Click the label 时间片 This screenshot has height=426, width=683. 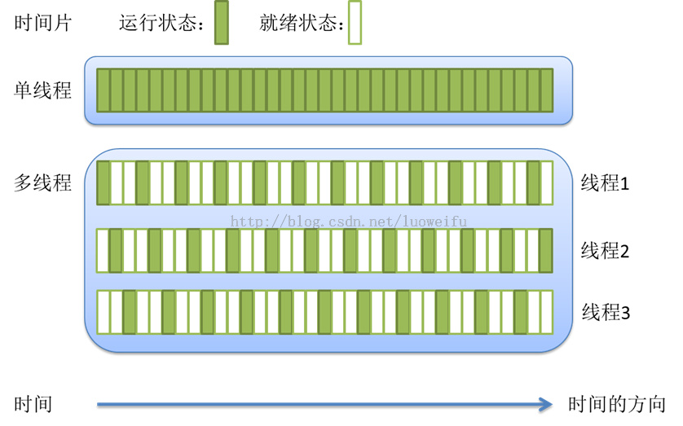[x=43, y=23]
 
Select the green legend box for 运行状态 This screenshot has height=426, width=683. [x=221, y=24]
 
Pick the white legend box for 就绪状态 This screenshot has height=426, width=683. [x=354, y=24]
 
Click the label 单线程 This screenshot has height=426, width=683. [x=43, y=90]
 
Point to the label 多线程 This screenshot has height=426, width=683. [x=43, y=182]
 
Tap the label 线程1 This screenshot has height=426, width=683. [x=605, y=184]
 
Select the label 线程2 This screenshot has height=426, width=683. [x=605, y=251]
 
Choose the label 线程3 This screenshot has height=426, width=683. [x=605, y=312]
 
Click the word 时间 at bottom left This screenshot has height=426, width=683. [x=33, y=404]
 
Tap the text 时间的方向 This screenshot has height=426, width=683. [x=617, y=404]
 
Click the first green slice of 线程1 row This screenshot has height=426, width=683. [x=104, y=182]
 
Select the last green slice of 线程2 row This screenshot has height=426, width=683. [x=546, y=249]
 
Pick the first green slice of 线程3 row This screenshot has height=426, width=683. [x=130, y=311]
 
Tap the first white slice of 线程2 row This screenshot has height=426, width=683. [x=104, y=249]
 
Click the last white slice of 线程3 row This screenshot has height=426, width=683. [x=546, y=311]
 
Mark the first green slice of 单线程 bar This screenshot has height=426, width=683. [x=104, y=90]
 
